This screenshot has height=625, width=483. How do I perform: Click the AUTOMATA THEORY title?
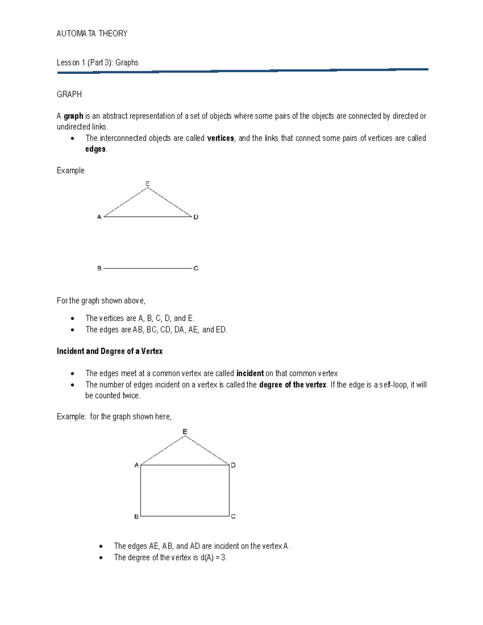coord(92,34)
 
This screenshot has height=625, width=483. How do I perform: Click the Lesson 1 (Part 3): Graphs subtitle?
coord(97,62)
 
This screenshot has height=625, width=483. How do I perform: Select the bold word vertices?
coord(220,138)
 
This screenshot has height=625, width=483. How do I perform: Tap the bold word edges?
coord(95,149)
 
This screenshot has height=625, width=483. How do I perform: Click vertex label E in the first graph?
coord(148,184)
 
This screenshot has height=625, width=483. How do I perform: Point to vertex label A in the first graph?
coord(99,217)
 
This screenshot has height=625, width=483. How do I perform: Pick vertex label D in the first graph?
coord(196,217)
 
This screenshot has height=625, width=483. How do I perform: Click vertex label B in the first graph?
coord(99,268)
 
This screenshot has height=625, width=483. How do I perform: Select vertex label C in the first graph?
coord(196,268)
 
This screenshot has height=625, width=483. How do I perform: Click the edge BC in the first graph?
coord(148,268)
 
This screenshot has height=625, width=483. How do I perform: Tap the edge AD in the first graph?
coord(148,217)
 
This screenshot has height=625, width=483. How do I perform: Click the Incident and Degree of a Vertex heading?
coord(109,351)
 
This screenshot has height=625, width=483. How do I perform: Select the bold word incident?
coord(250,373)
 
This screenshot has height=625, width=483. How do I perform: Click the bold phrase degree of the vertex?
coord(293,384)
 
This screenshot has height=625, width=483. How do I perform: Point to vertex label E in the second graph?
coord(185,431)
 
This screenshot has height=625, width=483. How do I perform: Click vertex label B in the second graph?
coord(136,516)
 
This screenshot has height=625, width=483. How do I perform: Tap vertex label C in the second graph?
coord(233,516)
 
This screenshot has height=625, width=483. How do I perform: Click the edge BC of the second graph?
coord(185,516)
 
